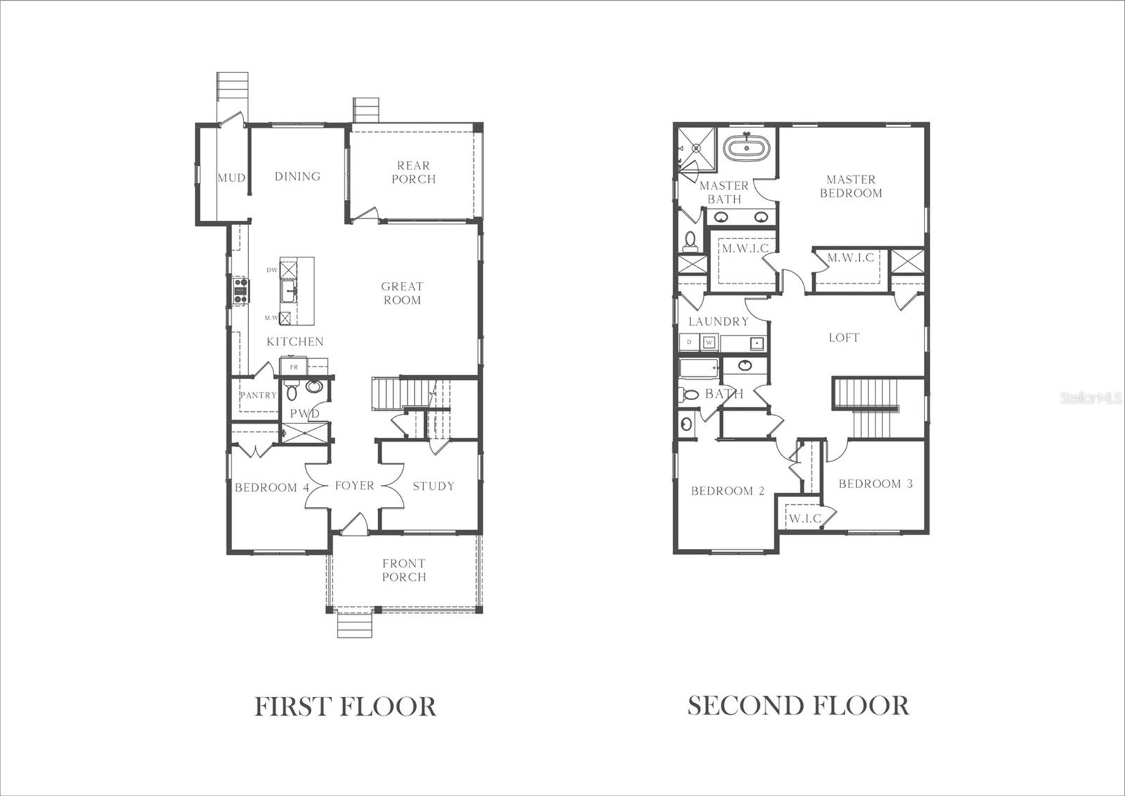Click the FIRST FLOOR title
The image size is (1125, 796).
pos(345,707)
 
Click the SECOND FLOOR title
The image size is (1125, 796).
pos(798,705)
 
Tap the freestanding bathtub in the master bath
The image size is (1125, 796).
pos(746,147)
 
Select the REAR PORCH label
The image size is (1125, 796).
pos(414,172)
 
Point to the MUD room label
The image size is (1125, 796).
pos(231,178)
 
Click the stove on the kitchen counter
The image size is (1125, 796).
pos(240,290)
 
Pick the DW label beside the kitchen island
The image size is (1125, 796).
pos(271,270)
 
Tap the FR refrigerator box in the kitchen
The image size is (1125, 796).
pos(294,366)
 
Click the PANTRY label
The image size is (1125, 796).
pos(258,395)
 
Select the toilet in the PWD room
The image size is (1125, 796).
pos(292,390)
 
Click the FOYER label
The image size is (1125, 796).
pos(354,486)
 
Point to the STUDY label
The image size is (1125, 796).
pos(433,486)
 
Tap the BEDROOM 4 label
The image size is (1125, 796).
pos(271,487)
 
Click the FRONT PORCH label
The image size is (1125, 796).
pos(404,570)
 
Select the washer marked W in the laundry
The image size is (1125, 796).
pos(709,342)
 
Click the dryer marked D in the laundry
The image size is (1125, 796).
pos(689,342)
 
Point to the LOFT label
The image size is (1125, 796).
pos(844,338)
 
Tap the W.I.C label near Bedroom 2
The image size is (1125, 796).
pos(805,519)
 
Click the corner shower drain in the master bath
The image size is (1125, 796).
pos(696,148)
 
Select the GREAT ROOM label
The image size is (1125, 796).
pos(402,293)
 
